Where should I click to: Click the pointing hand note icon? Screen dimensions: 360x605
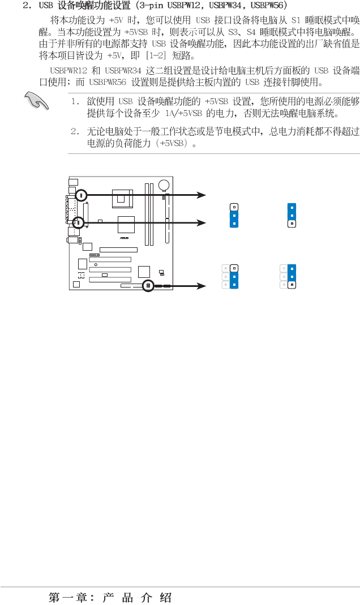[38, 104]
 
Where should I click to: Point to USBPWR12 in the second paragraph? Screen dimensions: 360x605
[67, 71]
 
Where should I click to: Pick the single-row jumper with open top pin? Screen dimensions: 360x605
[233, 215]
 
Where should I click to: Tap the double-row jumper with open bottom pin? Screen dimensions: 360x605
[288, 276]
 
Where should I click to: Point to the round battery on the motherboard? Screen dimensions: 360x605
[164, 184]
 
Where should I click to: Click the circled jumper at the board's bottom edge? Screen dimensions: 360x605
[148, 286]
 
